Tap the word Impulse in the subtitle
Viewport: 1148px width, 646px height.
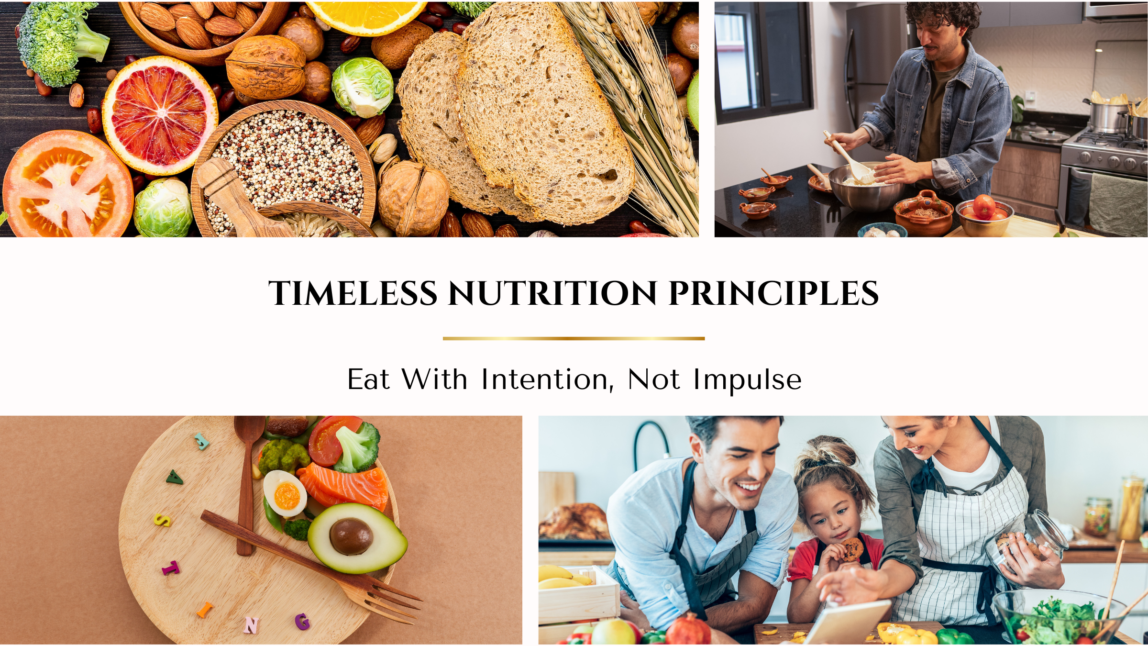[x=747, y=380]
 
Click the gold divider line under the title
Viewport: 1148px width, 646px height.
[x=574, y=338]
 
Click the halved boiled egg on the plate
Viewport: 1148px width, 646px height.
[x=285, y=494]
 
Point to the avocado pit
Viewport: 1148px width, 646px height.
[x=351, y=536]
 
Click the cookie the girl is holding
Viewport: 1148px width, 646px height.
[x=852, y=549]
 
